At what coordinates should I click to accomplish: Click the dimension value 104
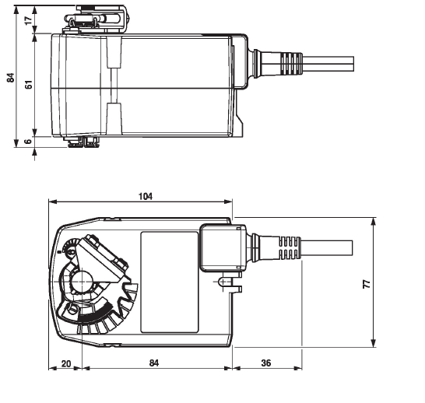(x=146, y=196)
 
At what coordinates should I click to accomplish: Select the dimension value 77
(x=367, y=284)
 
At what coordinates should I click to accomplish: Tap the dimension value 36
(x=266, y=363)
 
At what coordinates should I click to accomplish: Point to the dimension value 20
(x=66, y=363)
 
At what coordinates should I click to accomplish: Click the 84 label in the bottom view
(x=154, y=363)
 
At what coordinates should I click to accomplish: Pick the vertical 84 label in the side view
(x=11, y=78)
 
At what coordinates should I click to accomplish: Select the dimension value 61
(x=29, y=84)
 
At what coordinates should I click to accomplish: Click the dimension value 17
(x=29, y=20)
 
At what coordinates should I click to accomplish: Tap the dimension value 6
(x=29, y=142)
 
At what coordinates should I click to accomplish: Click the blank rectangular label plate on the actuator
(x=170, y=282)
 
